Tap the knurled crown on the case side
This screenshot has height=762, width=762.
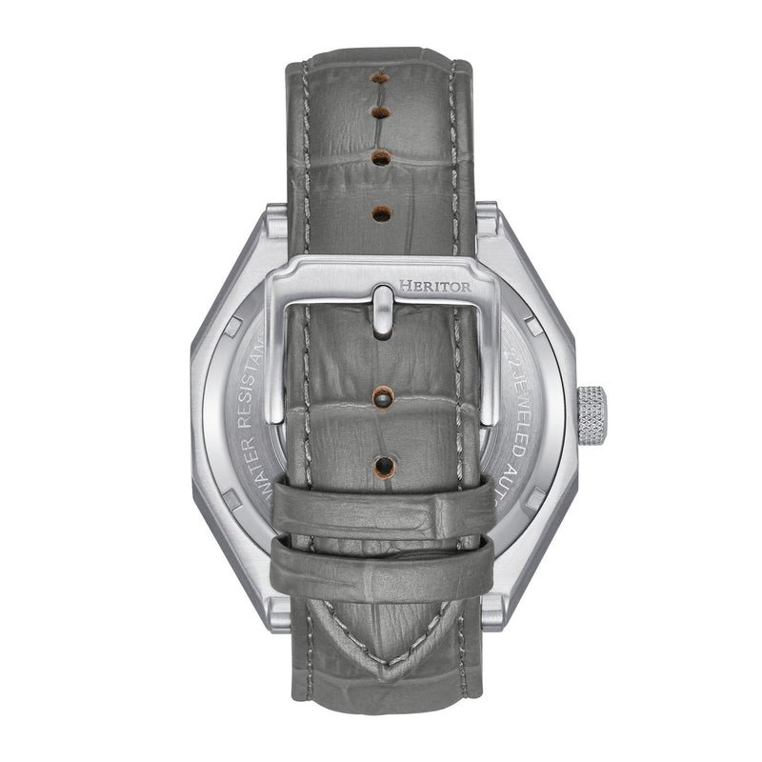click(x=592, y=413)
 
